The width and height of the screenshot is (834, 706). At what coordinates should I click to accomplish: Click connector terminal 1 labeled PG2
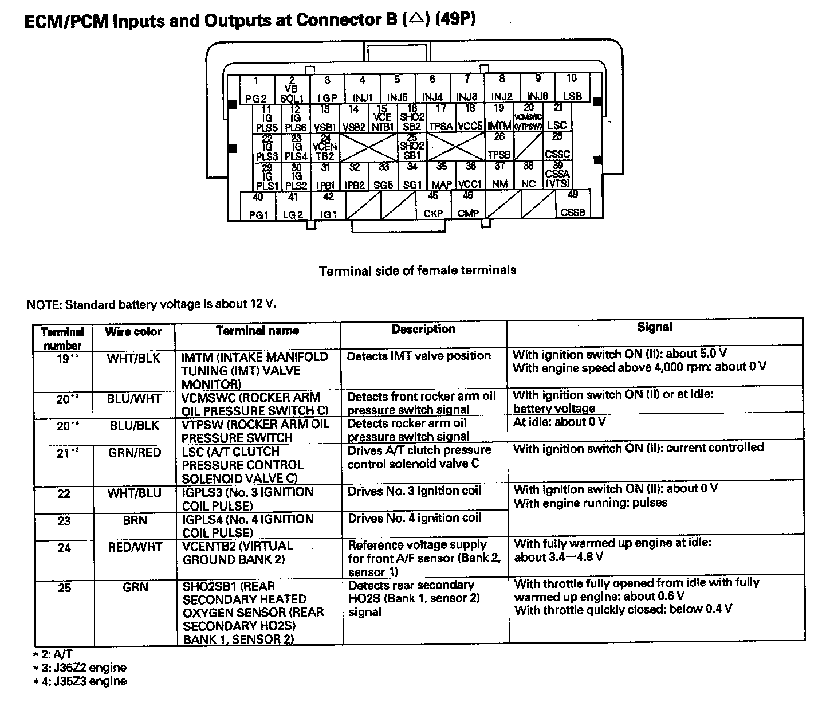click(x=256, y=89)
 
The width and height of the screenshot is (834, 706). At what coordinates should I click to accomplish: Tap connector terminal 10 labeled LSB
click(x=572, y=88)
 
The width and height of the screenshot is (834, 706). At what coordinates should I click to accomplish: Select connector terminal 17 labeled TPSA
click(x=441, y=118)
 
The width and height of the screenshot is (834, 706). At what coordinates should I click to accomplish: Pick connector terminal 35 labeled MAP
click(x=442, y=176)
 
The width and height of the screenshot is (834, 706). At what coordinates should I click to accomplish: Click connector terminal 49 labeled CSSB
click(x=573, y=205)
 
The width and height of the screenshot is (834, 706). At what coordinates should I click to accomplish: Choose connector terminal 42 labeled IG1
click(x=328, y=206)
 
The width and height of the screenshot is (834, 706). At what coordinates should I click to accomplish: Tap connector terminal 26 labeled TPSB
click(x=499, y=147)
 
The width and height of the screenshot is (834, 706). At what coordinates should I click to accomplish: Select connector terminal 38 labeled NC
click(x=529, y=176)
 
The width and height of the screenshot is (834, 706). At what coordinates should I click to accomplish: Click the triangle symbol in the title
click(x=416, y=21)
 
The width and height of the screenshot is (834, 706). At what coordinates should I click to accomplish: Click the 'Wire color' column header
click(x=133, y=331)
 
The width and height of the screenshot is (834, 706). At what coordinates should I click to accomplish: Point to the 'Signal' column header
click(x=654, y=327)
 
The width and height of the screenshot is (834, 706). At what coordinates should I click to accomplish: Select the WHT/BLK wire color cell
click(x=133, y=359)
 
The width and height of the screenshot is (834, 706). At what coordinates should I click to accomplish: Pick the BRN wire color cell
click(x=135, y=520)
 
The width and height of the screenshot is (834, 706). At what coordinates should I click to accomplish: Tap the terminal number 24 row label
click(x=64, y=548)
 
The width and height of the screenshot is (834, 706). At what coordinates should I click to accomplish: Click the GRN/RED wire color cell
click(x=134, y=453)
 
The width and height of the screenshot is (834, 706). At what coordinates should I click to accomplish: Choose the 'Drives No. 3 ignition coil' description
click(x=414, y=491)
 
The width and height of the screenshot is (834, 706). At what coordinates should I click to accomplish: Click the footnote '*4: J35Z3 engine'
click(x=80, y=681)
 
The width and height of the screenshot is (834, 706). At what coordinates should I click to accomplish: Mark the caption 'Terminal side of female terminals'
click(x=417, y=270)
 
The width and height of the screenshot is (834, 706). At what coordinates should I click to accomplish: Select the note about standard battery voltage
click(x=152, y=304)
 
